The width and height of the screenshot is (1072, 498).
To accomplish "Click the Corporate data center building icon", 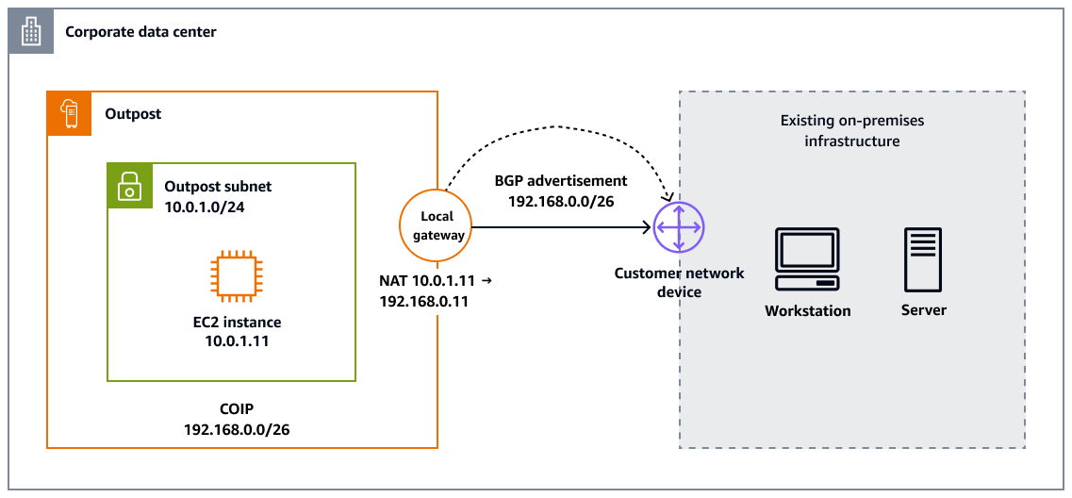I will tap(32, 32).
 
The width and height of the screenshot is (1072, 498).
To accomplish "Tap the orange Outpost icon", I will tap(70, 113).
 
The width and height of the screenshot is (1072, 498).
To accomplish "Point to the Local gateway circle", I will tap(437, 226).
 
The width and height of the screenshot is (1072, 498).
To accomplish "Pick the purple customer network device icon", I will tap(679, 226).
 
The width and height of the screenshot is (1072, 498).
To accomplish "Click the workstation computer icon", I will tap(807, 259).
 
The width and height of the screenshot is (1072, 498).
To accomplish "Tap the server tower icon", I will tap(923, 259).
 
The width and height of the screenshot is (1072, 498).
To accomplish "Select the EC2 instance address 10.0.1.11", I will tap(237, 341).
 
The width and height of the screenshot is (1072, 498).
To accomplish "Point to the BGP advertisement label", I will tap(560, 180).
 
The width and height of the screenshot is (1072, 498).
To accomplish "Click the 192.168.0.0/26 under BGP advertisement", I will tap(560, 200).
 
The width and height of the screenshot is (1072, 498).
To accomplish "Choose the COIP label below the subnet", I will tap(237, 409).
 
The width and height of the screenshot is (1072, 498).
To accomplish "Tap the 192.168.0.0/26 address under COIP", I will tap(237, 429).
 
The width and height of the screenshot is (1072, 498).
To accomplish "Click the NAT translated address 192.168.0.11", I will tap(422, 303).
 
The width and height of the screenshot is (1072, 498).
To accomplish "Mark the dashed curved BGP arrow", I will tap(560, 126).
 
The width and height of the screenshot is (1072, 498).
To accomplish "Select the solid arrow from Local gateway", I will tap(562, 227).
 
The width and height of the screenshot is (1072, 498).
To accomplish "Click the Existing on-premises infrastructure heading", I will tap(851, 131).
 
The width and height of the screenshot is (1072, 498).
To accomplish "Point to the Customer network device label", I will tap(679, 282).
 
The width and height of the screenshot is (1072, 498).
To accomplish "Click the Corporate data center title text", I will tap(140, 32).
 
